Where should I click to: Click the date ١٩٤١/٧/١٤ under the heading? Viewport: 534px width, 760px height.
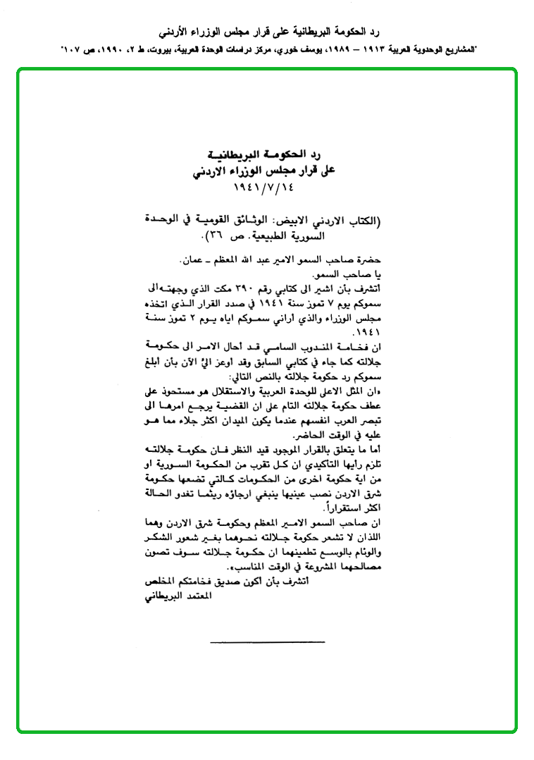click(266, 188)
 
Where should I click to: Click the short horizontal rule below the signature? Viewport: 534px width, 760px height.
click(267, 641)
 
